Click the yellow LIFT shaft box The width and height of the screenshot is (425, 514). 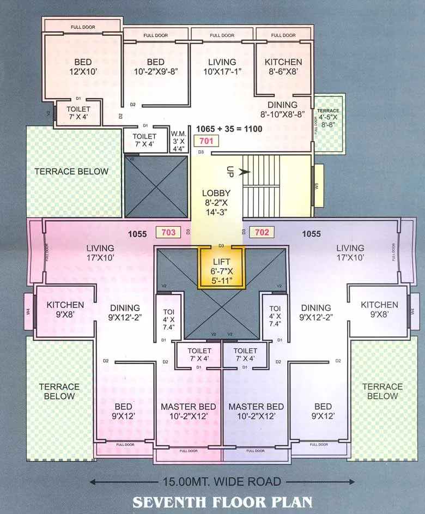222,267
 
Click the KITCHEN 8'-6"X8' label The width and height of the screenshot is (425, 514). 283,66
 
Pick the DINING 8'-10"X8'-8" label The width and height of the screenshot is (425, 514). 282,110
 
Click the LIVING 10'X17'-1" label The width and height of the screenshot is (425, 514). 222,66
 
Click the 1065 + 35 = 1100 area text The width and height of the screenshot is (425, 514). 229,129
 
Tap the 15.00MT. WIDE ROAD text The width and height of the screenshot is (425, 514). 222,482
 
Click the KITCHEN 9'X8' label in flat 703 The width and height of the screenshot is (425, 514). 65,310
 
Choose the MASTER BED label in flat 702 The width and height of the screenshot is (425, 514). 256,412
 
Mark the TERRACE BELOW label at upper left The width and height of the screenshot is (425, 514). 71,171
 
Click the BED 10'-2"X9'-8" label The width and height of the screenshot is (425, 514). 155,66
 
